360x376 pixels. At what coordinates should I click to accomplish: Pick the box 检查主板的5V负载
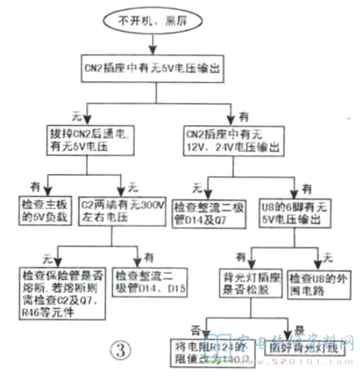click(x=43, y=209)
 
